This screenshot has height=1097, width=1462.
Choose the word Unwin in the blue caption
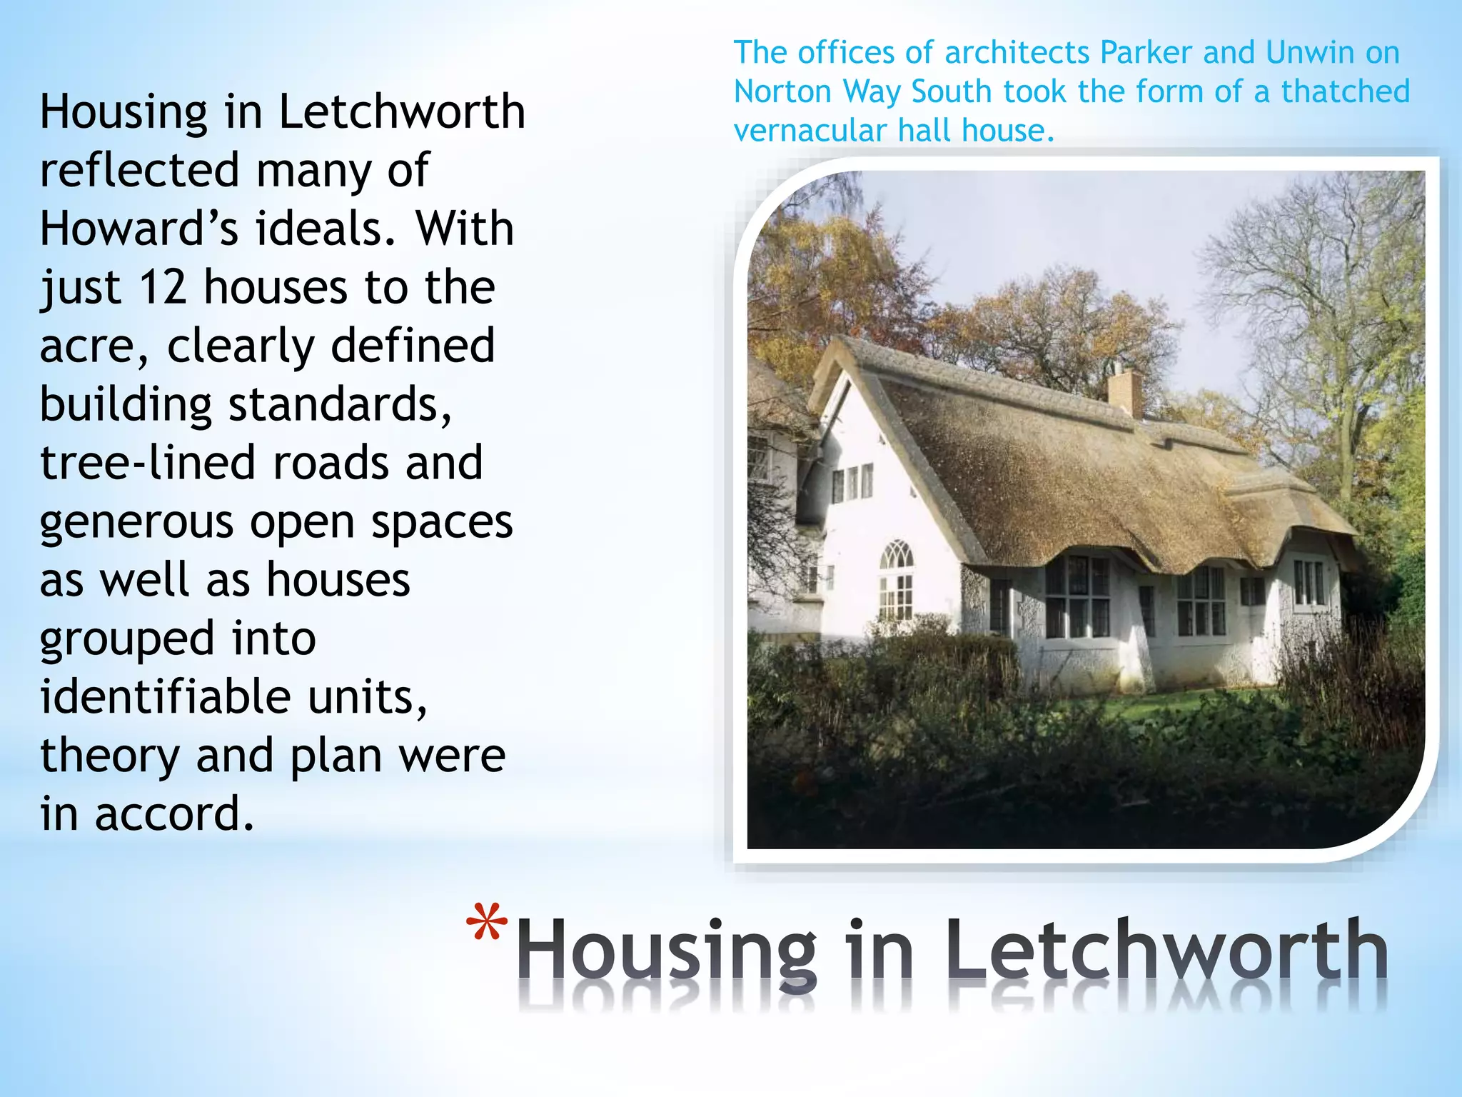click(x=1311, y=53)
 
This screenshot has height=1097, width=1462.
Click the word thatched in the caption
click(x=1345, y=91)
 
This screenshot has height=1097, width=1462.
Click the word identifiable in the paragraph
click(x=165, y=697)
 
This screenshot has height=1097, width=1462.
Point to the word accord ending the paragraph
click(x=174, y=814)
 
